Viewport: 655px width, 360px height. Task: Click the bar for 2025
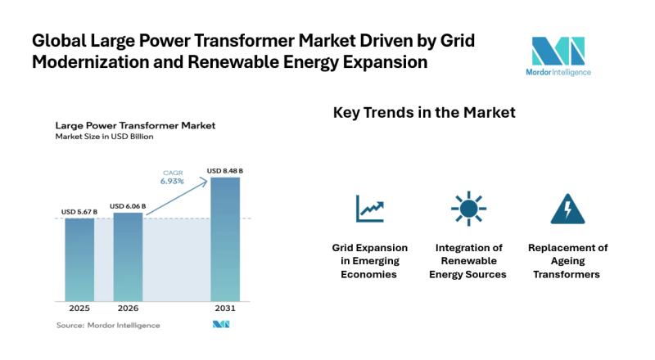click(x=79, y=259)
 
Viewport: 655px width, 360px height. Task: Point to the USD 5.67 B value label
click(x=79, y=212)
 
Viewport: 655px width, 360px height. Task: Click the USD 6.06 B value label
click(x=128, y=206)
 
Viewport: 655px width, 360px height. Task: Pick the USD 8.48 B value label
click(x=225, y=170)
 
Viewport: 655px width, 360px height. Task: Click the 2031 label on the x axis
click(x=225, y=308)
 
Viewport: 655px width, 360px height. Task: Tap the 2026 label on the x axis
click(x=128, y=308)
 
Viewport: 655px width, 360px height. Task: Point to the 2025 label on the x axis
click(x=79, y=308)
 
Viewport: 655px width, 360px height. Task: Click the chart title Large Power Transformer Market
click(x=135, y=126)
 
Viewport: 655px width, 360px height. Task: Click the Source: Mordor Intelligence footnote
click(x=107, y=325)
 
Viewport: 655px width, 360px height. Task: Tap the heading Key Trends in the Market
click(x=424, y=113)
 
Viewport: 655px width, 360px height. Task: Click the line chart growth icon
click(x=369, y=209)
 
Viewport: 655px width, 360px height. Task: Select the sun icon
click(x=468, y=209)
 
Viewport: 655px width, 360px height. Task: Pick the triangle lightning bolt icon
click(x=567, y=209)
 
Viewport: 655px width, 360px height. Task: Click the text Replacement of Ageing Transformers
click(x=567, y=260)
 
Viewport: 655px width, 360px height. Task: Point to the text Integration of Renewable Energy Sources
click(x=468, y=260)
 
